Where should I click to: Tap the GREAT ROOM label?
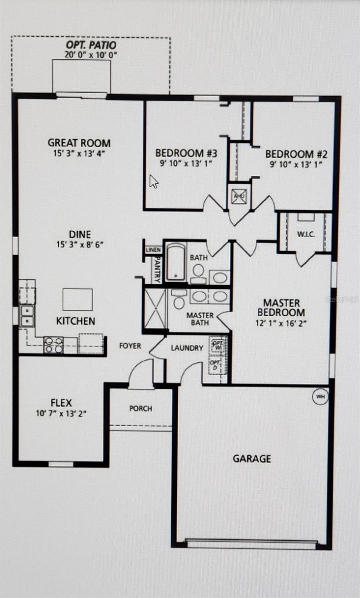[79, 143]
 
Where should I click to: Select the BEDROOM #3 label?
[186, 153]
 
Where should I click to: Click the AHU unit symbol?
[239, 196]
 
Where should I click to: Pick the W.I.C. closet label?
[306, 234]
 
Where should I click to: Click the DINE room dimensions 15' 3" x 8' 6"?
[80, 244]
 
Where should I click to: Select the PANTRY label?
[157, 270]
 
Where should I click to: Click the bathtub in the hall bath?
[175, 261]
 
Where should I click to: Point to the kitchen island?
[77, 299]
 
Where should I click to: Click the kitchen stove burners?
[53, 345]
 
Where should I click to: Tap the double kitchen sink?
[27, 315]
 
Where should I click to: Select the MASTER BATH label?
[200, 319]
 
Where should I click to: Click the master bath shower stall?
[155, 308]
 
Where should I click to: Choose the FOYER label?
[130, 345]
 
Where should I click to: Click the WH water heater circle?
[320, 397]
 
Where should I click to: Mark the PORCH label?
[141, 409]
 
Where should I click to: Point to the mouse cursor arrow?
[154, 181]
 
